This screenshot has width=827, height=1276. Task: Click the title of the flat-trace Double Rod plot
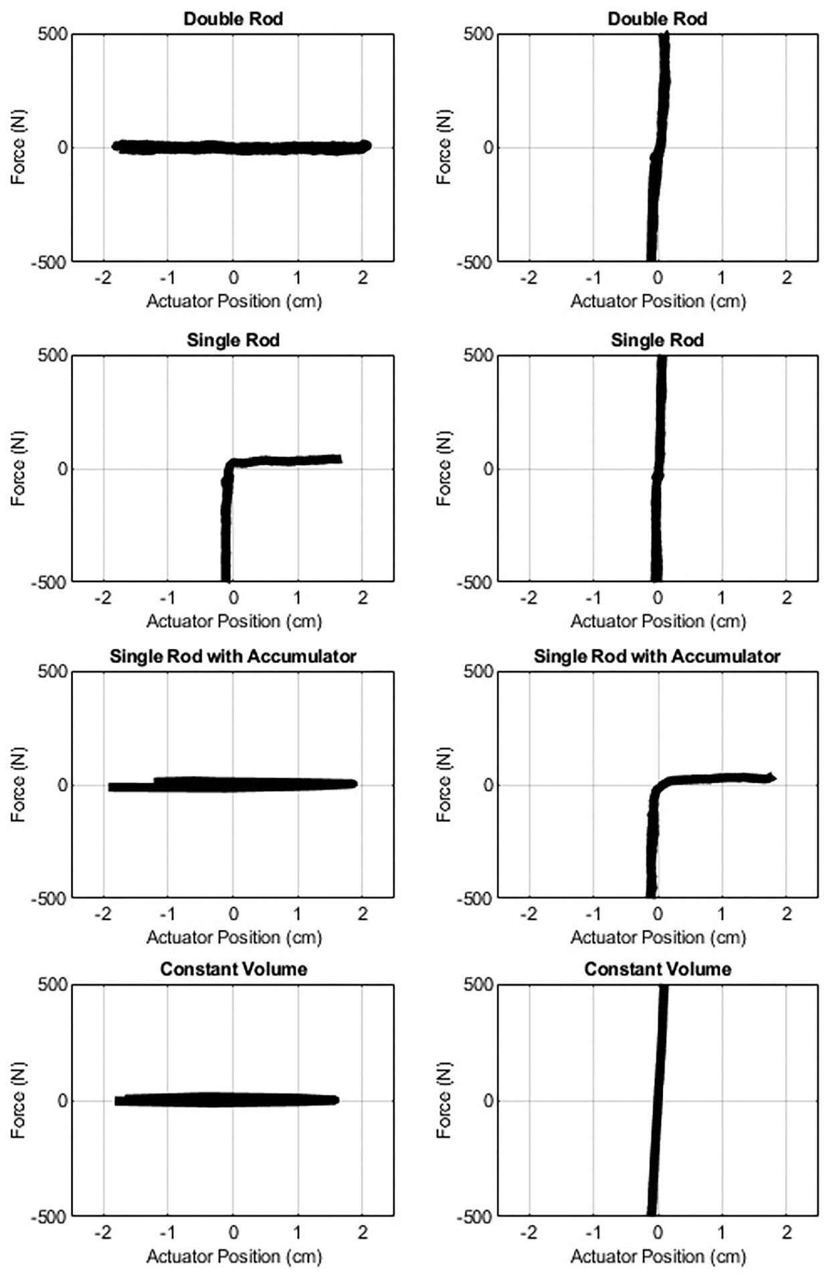tap(233, 19)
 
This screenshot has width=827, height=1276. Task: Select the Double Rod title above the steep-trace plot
tap(657, 19)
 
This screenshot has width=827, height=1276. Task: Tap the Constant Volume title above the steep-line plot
tap(657, 969)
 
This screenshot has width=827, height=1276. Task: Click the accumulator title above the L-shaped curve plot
tap(657, 656)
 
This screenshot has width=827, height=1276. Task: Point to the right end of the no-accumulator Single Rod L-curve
tap(339, 459)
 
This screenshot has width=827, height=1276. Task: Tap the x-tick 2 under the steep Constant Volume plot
tap(787, 1231)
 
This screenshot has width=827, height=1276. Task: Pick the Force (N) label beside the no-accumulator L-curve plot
tap(18, 468)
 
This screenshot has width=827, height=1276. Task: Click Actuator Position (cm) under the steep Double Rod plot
tap(657, 301)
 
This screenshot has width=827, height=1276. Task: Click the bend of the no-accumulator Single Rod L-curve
tap(229, 464)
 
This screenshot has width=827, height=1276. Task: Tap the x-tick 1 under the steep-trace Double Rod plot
tap(721, 278)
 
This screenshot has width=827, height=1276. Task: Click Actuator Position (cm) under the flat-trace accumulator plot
tap(234, 937)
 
